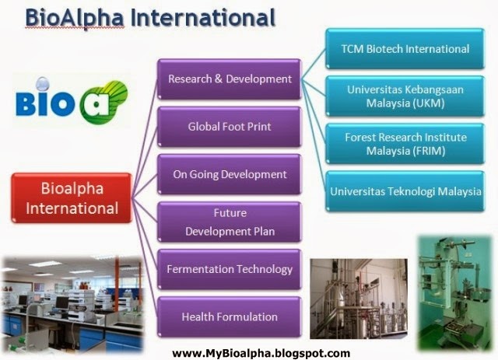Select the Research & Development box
tap(230, 79)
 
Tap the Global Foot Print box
tap(230, 126)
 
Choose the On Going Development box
tap(230, 174)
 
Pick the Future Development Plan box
tap(230, 222)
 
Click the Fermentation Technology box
tap(230, 269)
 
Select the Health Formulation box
tap(230, 316)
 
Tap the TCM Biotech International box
tap(405, 48)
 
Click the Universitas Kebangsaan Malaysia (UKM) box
tap(405, 96)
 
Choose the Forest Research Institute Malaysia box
tap(405, 144)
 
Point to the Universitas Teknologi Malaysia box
tap(405, 191)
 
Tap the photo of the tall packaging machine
tap(455, 292)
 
